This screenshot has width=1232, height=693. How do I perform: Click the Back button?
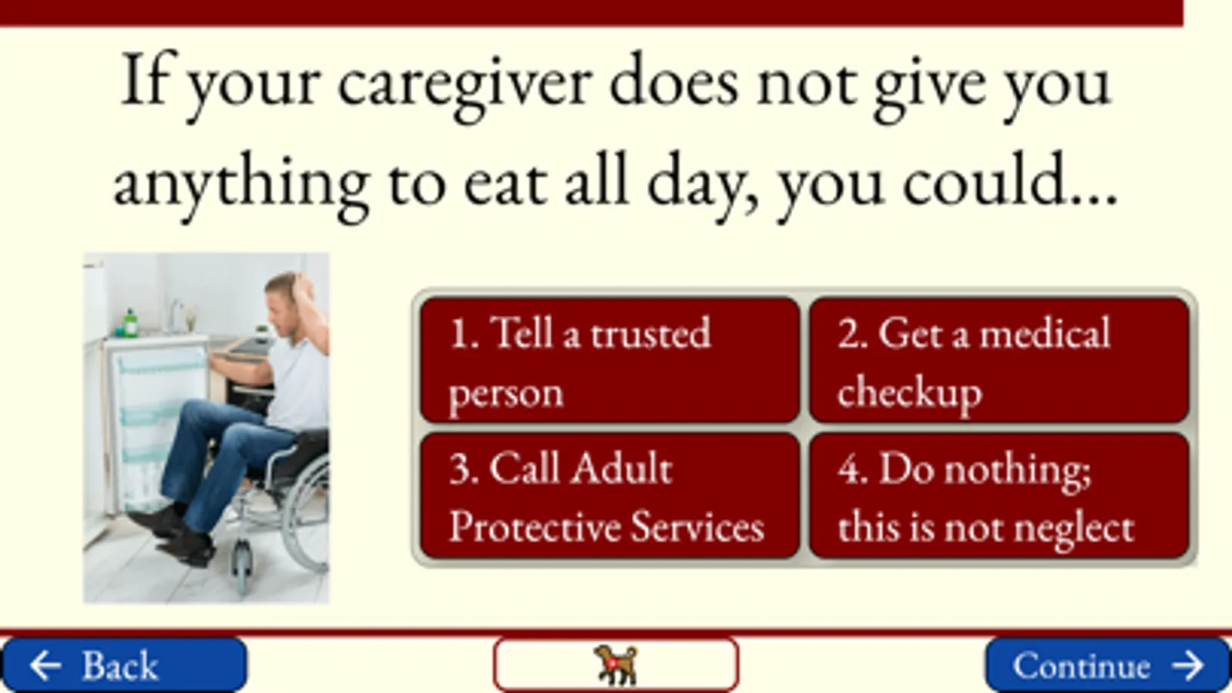124,665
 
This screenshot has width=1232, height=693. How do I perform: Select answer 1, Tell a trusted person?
609,360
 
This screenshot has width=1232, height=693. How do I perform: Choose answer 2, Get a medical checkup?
999,360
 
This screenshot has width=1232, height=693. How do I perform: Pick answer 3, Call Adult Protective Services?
609,496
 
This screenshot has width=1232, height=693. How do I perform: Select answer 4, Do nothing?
999,496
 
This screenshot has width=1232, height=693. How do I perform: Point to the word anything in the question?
241,184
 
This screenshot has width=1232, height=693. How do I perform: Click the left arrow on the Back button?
45,665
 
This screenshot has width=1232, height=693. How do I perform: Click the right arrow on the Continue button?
1188,665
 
